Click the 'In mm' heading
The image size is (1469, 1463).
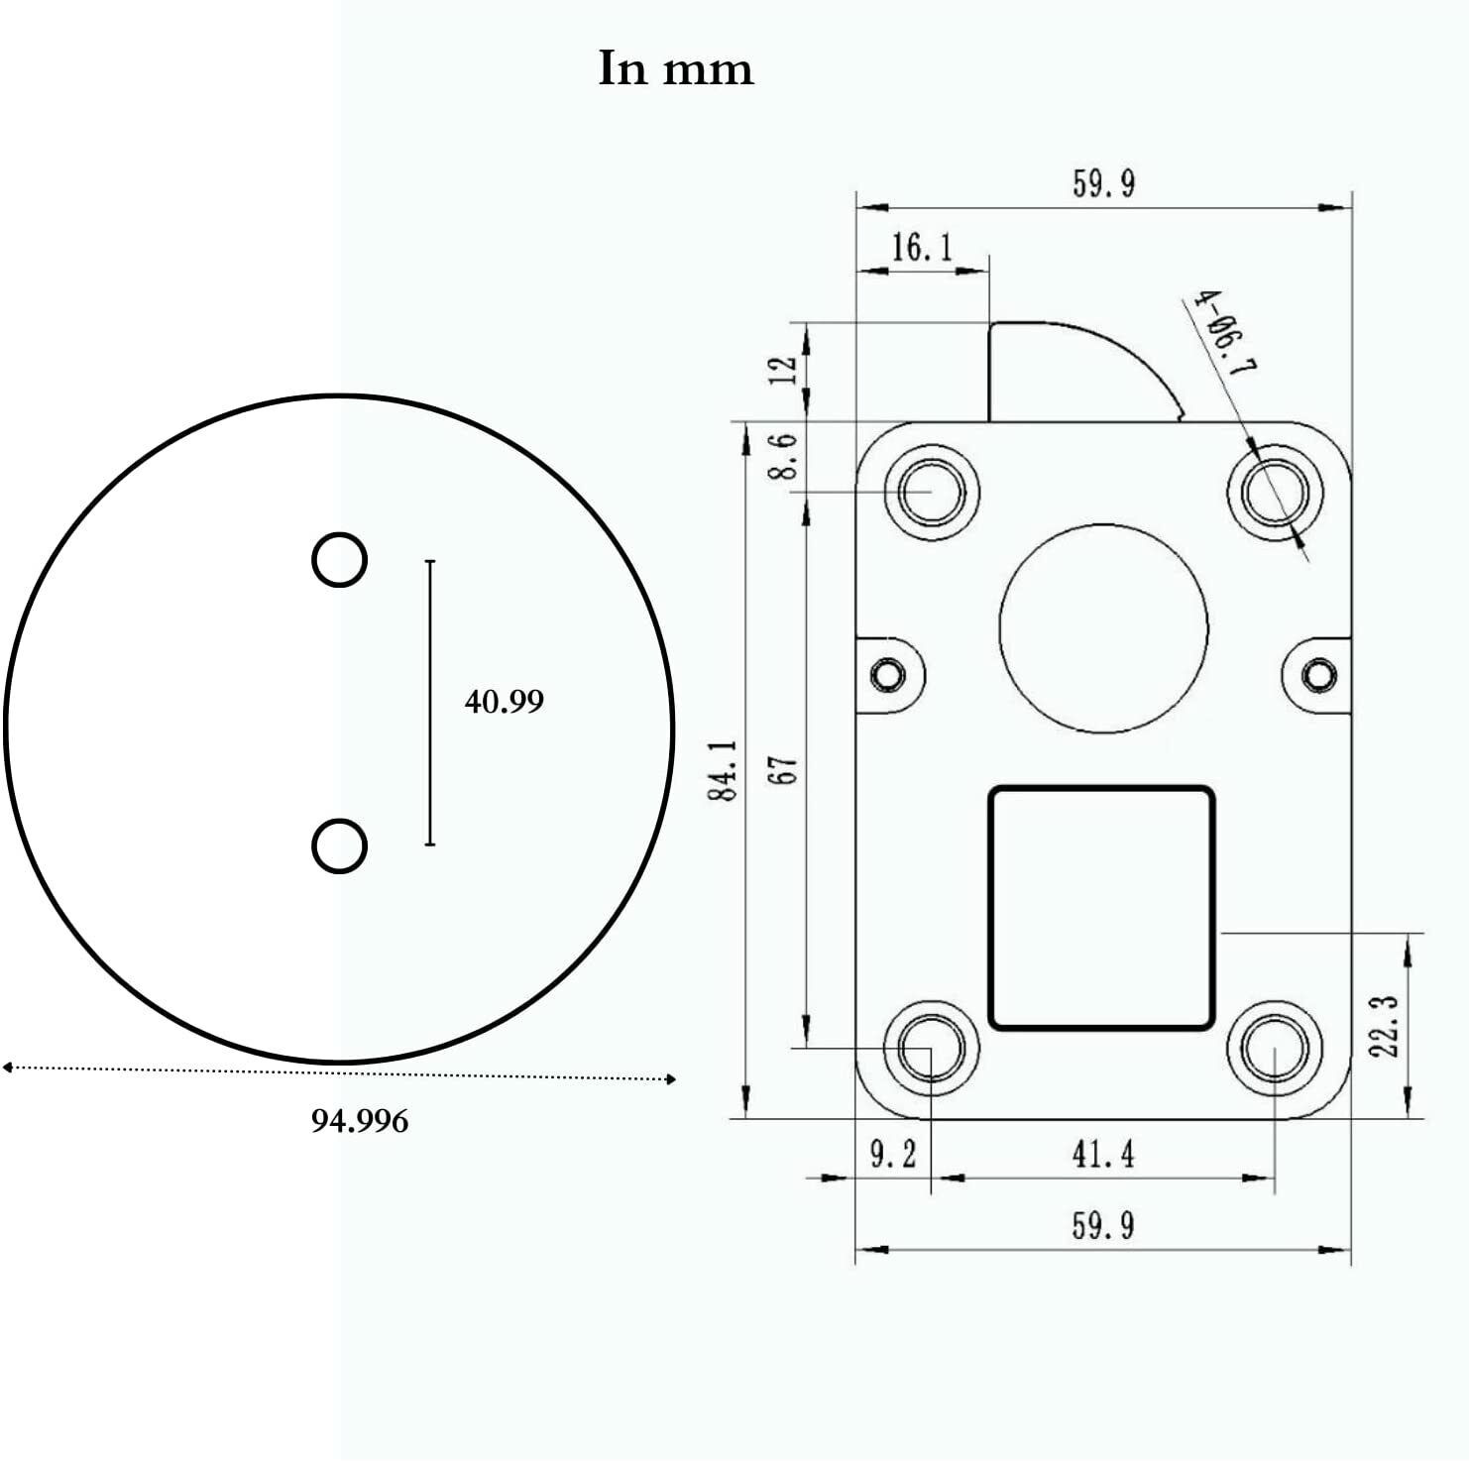(676, 68)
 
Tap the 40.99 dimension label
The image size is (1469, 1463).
(504, 702)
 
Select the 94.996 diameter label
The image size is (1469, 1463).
(360, 1121)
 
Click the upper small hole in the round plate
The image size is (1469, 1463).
(339, 560)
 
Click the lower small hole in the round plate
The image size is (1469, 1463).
(339, 845)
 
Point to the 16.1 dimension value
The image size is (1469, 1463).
(921, 247)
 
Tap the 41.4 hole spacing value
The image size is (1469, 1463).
(1102, 1154)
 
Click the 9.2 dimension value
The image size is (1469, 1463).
(893, 1154)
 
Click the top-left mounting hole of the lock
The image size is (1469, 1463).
(931, 492)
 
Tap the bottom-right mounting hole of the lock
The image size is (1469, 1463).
(1274, 1050)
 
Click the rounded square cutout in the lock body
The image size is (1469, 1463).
(1101, 907)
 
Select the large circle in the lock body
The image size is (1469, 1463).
(1103, 628)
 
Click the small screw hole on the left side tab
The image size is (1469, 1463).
(887, 675)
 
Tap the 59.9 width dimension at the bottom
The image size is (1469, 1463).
(1102, 1226)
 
